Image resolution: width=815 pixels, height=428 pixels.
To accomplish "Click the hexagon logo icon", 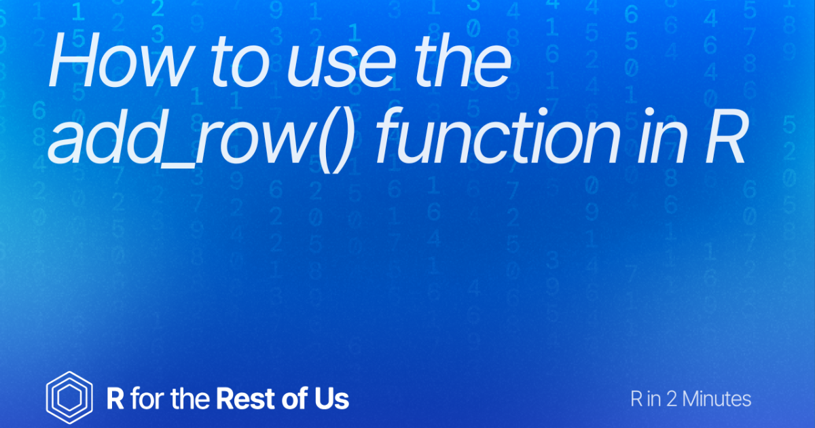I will (69, 397).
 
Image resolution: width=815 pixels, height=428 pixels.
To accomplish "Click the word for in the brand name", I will (147, 398).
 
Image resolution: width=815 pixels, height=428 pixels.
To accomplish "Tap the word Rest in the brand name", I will (243, 398).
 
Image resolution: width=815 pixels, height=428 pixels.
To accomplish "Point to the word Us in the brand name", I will (331, 398).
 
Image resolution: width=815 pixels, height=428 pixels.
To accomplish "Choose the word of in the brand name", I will (293, 398).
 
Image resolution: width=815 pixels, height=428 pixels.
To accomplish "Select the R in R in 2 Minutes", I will (636, 399).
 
